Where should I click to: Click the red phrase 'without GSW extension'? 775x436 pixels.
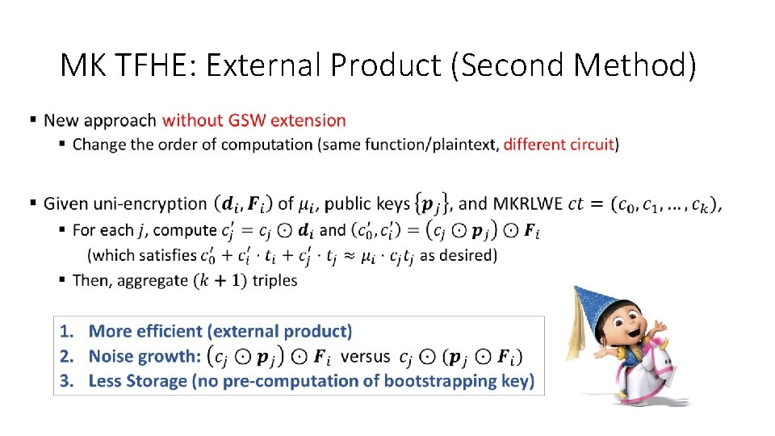click(253, 120)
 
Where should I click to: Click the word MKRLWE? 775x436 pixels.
click(526, 203)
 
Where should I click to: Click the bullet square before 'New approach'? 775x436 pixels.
click(33, 119)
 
